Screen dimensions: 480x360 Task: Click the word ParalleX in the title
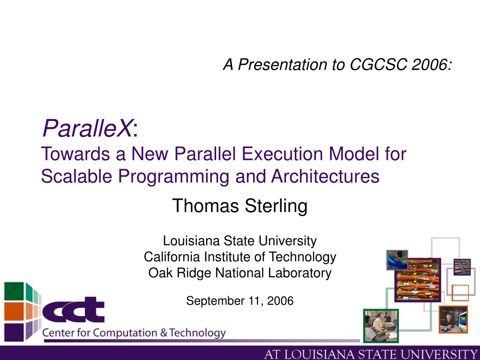click(x=88, y=128)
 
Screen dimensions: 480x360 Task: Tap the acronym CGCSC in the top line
click(x=378, y=65)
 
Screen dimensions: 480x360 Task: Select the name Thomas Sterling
click(x=240, y=205)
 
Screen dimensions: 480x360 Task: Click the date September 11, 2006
click(x=240, y=301)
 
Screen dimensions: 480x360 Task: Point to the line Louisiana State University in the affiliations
click(x=240, y=240)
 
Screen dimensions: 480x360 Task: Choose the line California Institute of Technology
click(x=240, y=257)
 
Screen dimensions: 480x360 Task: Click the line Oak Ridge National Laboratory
click(x=240, y=273)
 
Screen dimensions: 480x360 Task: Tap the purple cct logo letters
click(x=74, y=310)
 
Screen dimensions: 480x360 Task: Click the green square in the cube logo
click(x=14, y=291)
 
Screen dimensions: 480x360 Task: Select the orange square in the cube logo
click(x=14, y=311)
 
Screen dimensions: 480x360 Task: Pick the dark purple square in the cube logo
click(x=14, y=332)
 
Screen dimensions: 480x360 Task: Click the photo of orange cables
click(x=418, y=280)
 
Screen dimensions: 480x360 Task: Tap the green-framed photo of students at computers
click(x=381, y=326)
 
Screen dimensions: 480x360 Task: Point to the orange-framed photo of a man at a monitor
click(x=453, y=319)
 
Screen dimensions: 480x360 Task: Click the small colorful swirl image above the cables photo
click(x=397, y=260)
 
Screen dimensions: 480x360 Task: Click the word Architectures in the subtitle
click(x=325, y=176)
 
